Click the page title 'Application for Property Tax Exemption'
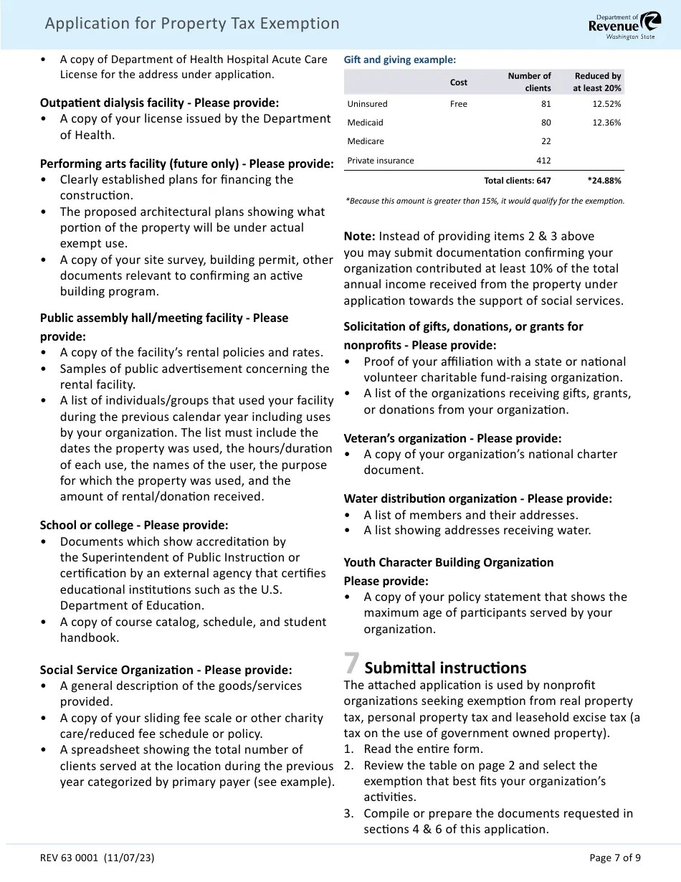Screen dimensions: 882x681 tap(192, 24)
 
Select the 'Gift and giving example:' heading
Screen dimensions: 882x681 tap(399, 60)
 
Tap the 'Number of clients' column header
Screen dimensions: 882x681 tap(529, 82)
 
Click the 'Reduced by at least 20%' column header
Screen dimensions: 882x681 tap(596, 82)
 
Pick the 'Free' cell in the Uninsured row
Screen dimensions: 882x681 tap(458, 104)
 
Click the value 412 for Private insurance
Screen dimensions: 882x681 tap(543, 161)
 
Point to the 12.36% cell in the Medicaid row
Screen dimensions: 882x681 tap(606, 123)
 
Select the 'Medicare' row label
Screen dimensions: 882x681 tap(366, 141)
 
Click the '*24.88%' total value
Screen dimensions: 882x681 tap(604, 181)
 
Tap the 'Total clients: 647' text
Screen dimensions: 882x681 tap(517, 181)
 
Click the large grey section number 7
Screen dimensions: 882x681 tap(351, 664)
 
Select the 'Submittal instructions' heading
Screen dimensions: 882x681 tap(445, 668)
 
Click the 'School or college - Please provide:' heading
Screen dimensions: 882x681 tap(134, 525)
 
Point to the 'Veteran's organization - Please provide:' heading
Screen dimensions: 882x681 tap(452, 438)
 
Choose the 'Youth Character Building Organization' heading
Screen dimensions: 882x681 tap(448, 562)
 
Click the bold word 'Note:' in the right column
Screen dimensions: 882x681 tap(359, 236)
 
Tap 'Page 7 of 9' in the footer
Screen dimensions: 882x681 tap(614, 858)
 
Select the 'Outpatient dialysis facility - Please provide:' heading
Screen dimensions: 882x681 tap(159, 103)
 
